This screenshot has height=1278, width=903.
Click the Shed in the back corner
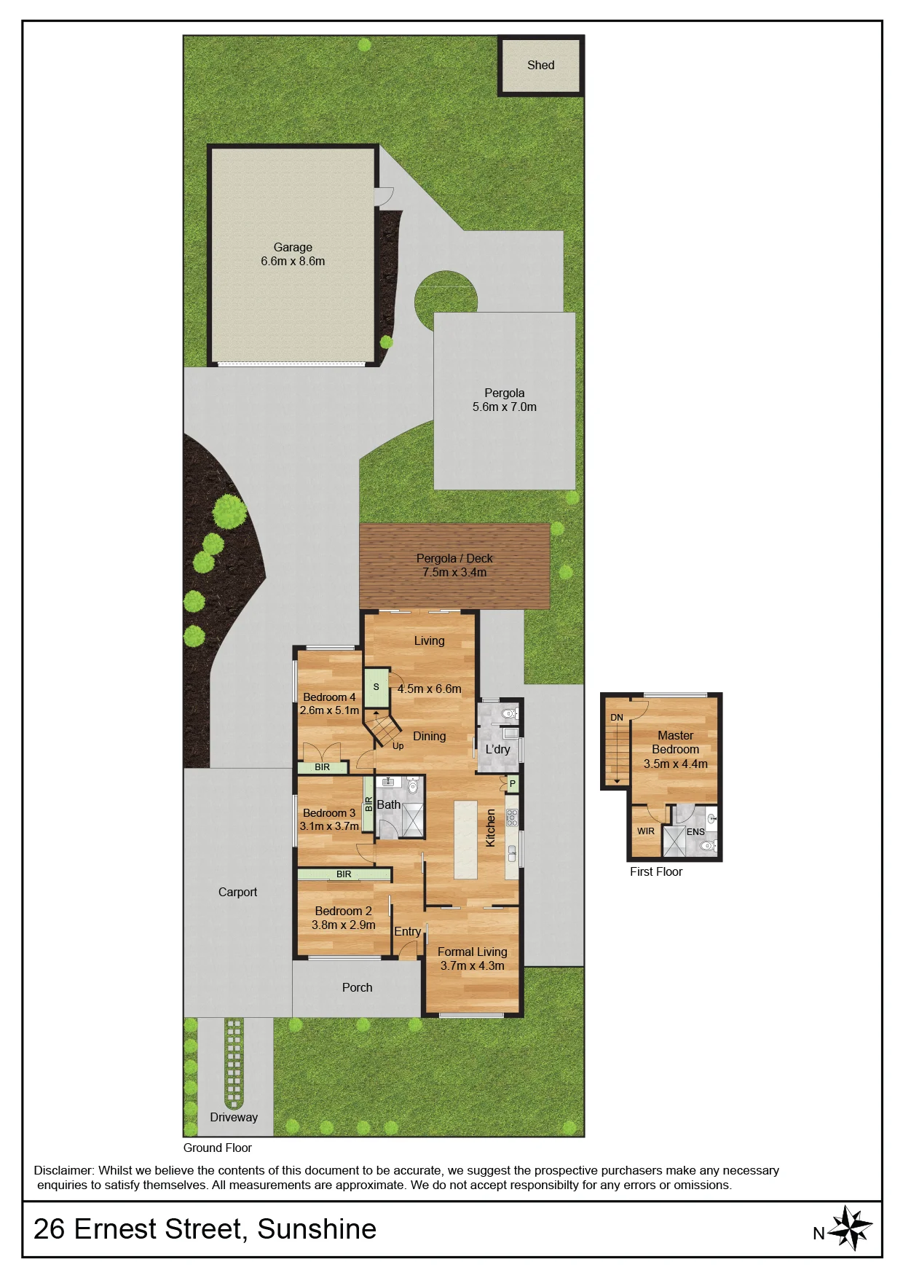coord(540,66)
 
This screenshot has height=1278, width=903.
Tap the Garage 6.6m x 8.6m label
coord(293,254)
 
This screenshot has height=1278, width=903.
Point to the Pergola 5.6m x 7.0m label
coord(504,400)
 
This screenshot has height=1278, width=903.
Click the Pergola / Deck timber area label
coord(454,565)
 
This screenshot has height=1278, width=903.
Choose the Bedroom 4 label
coord(329,697)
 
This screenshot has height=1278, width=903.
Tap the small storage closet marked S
coord(376,687)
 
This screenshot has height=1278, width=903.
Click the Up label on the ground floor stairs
coord(398,746)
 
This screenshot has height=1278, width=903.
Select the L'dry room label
coord(497,749)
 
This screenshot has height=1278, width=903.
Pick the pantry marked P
coord(513,784)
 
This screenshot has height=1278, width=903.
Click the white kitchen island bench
coord(466,839)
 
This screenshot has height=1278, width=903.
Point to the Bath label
coord(388,805)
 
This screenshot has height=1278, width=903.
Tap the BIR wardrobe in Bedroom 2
coord(344,874)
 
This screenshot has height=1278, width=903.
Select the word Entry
coord(407,932)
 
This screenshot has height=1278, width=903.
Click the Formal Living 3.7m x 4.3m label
coord(472,959)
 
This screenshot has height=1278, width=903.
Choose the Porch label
coord(357,988)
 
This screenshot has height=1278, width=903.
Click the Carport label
coord(237,893)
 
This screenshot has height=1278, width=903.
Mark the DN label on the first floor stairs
coord(617,718)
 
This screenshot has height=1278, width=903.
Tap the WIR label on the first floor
coord(645,831)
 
